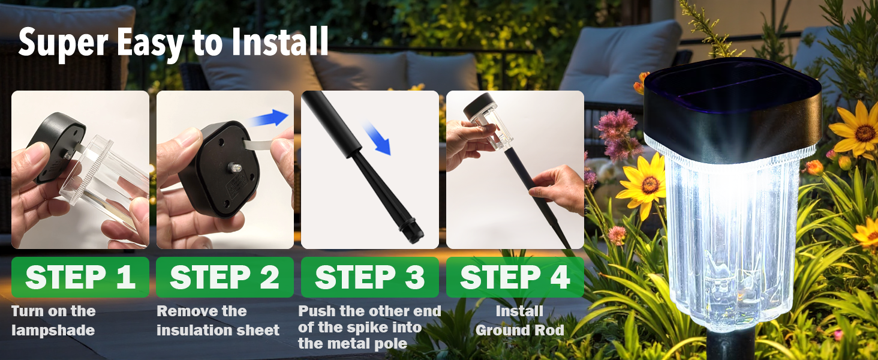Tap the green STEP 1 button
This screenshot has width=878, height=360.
(80, 277)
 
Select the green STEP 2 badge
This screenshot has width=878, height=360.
(224, 277)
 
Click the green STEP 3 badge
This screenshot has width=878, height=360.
(369, 277)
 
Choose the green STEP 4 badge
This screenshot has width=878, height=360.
(515, 277)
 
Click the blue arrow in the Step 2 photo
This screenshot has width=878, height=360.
(269, 118)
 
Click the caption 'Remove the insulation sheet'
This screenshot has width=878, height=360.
(218, 320)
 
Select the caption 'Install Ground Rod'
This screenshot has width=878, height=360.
(519, 320)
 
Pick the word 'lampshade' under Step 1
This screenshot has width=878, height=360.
(53, 330)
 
